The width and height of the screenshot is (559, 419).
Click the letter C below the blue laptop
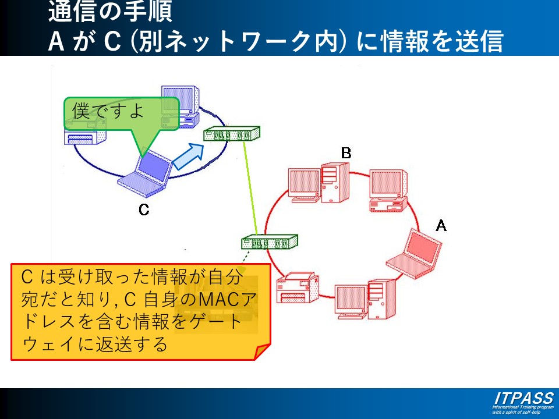point(144,210)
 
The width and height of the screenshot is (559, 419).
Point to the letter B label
point(346,153)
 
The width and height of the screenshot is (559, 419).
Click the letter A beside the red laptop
point(441,225)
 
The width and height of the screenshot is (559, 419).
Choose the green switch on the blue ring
point(231,135)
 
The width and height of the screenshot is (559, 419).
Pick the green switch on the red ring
point(269,241)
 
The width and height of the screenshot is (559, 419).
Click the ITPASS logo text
point(523,398)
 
